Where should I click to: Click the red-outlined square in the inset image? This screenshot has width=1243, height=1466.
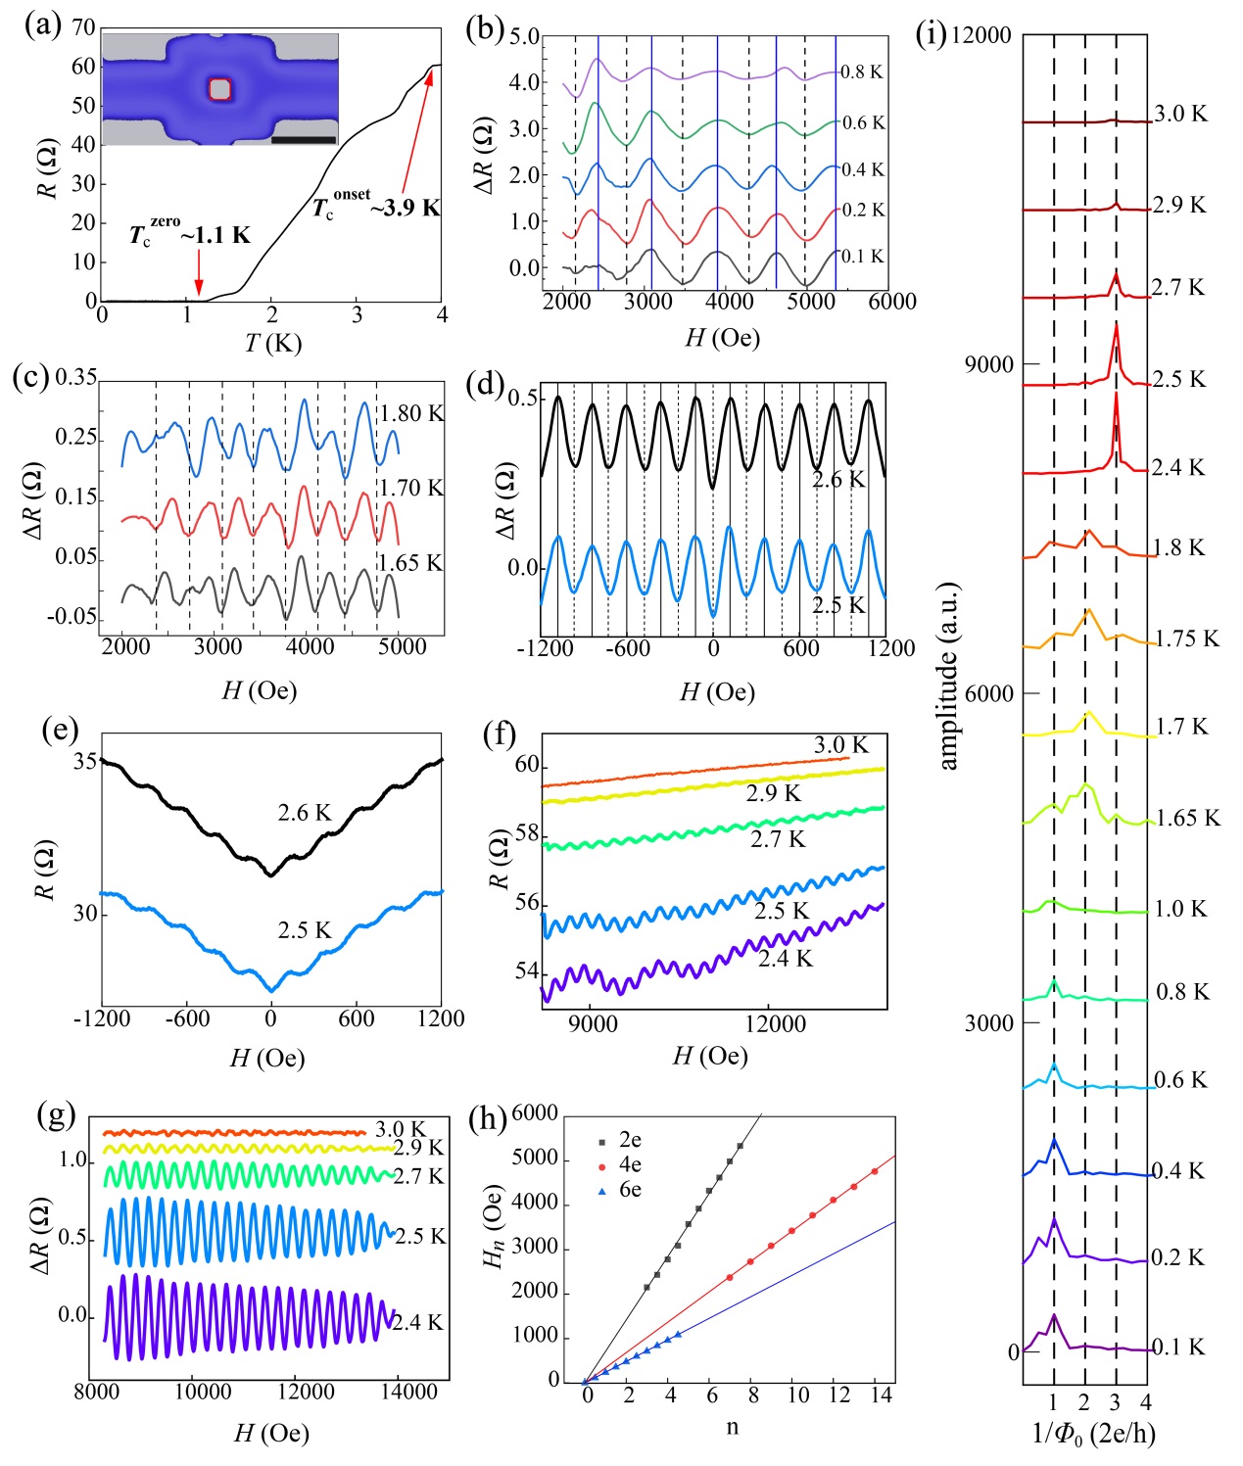(220, 89)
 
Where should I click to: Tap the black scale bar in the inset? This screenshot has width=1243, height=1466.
(304, 140)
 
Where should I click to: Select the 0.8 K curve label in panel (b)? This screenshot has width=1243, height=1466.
(862, 72)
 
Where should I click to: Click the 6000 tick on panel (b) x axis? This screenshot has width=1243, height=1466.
(892, 302)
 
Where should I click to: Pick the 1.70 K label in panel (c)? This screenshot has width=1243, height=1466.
(410, 488)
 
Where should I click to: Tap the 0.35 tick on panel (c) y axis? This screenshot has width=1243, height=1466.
(76, 378)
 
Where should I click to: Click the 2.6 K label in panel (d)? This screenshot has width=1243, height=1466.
(838, 480)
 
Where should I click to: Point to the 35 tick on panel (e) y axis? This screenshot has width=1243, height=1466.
(85, 761)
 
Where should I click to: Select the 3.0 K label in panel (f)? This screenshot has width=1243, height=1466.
(840, 745)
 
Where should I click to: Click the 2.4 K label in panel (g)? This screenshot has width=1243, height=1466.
(417, 1323)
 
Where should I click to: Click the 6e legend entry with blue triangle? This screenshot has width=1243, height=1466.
(621, 1190)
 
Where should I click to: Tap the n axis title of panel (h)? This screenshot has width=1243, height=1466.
(733, 1426)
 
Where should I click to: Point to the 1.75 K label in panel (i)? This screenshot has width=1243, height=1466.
(1187, 639)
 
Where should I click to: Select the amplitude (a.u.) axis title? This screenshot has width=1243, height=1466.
(948, 676)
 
